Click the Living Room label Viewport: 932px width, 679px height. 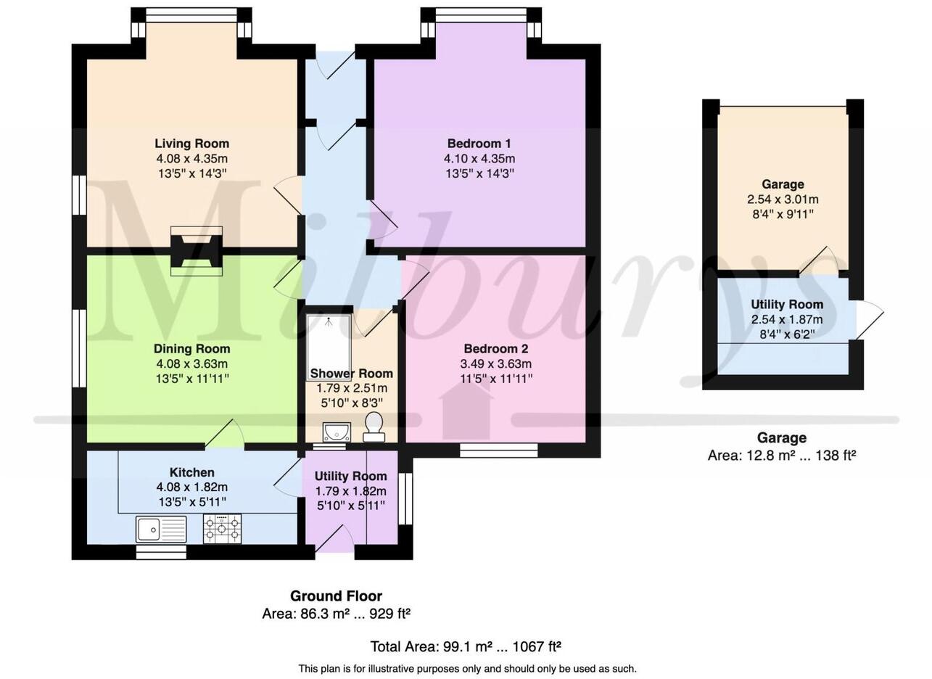coord(191,144)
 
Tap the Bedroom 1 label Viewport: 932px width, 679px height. coord(479,144)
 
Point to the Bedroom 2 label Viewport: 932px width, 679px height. coord(495,349)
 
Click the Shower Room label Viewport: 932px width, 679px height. coord(351,374)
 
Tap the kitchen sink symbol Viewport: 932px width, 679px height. coord(161,530)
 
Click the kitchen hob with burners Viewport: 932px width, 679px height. coord(222,529)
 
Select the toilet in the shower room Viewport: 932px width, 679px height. coord(374,427)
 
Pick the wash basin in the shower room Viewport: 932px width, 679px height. coord(337,432)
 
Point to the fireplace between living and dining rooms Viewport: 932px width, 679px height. coord(196,251)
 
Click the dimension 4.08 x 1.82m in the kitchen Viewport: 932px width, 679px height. coord(191,487)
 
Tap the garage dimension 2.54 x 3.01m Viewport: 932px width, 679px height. coord(783,199)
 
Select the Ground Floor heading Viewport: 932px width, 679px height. coord(336,596)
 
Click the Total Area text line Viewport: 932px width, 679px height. coord(466,647)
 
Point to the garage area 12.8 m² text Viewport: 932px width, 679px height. coord(782,456)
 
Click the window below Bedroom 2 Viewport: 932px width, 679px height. coord(499,450)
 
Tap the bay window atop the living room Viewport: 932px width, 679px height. coord(191,15)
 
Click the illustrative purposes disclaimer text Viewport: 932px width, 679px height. coord(467,669)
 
